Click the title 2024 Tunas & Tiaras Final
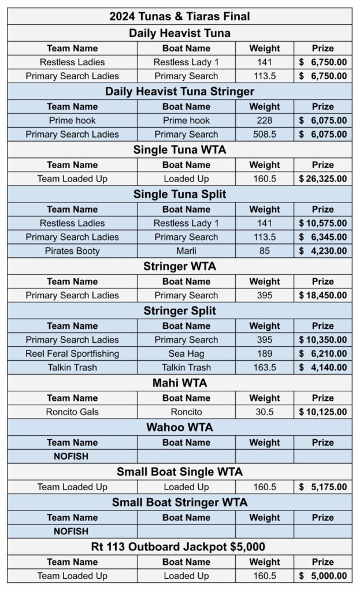click(x=180, y=17)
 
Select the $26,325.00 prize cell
click(x=323, y=179)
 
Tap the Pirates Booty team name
click(x=72, y=251)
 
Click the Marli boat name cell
click(x=186, y=251)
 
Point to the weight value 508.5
click(x=264, y=134)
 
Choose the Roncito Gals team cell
click(x=72, y=412)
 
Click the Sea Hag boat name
click(x=186, y=353)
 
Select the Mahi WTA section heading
click(x=180, y=383)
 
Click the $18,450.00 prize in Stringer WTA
click(x=323, y=295)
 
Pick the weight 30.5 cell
click(x=264, y=412)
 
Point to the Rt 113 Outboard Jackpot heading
click(x=180, y=546)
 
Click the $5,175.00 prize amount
click(x=323, y=487)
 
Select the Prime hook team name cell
click(x=72, y=120)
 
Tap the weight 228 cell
click(x=264, y=120)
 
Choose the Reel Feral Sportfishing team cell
click(x=72, y=353)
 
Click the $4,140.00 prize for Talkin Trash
click(x=323, y=367)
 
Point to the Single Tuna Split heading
click(x=180, y=194)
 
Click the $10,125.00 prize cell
click(x=323, y=412)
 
